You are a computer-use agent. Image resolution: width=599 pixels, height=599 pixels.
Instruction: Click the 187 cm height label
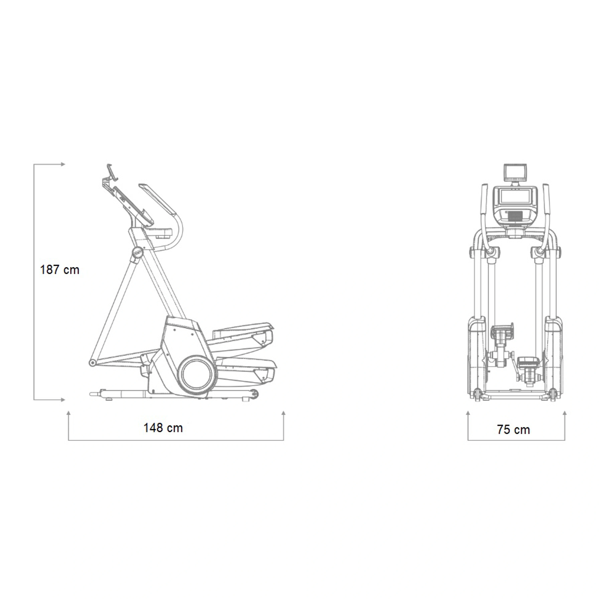(60, 270)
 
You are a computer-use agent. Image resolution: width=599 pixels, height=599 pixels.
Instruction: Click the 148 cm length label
(163, 428)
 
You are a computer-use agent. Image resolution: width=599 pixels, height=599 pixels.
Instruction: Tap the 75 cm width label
(513, 429)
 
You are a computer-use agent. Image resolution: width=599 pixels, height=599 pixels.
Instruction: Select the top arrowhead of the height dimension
(63, 164)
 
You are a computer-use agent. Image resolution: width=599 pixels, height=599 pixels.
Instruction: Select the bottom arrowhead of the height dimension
(63, 400)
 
